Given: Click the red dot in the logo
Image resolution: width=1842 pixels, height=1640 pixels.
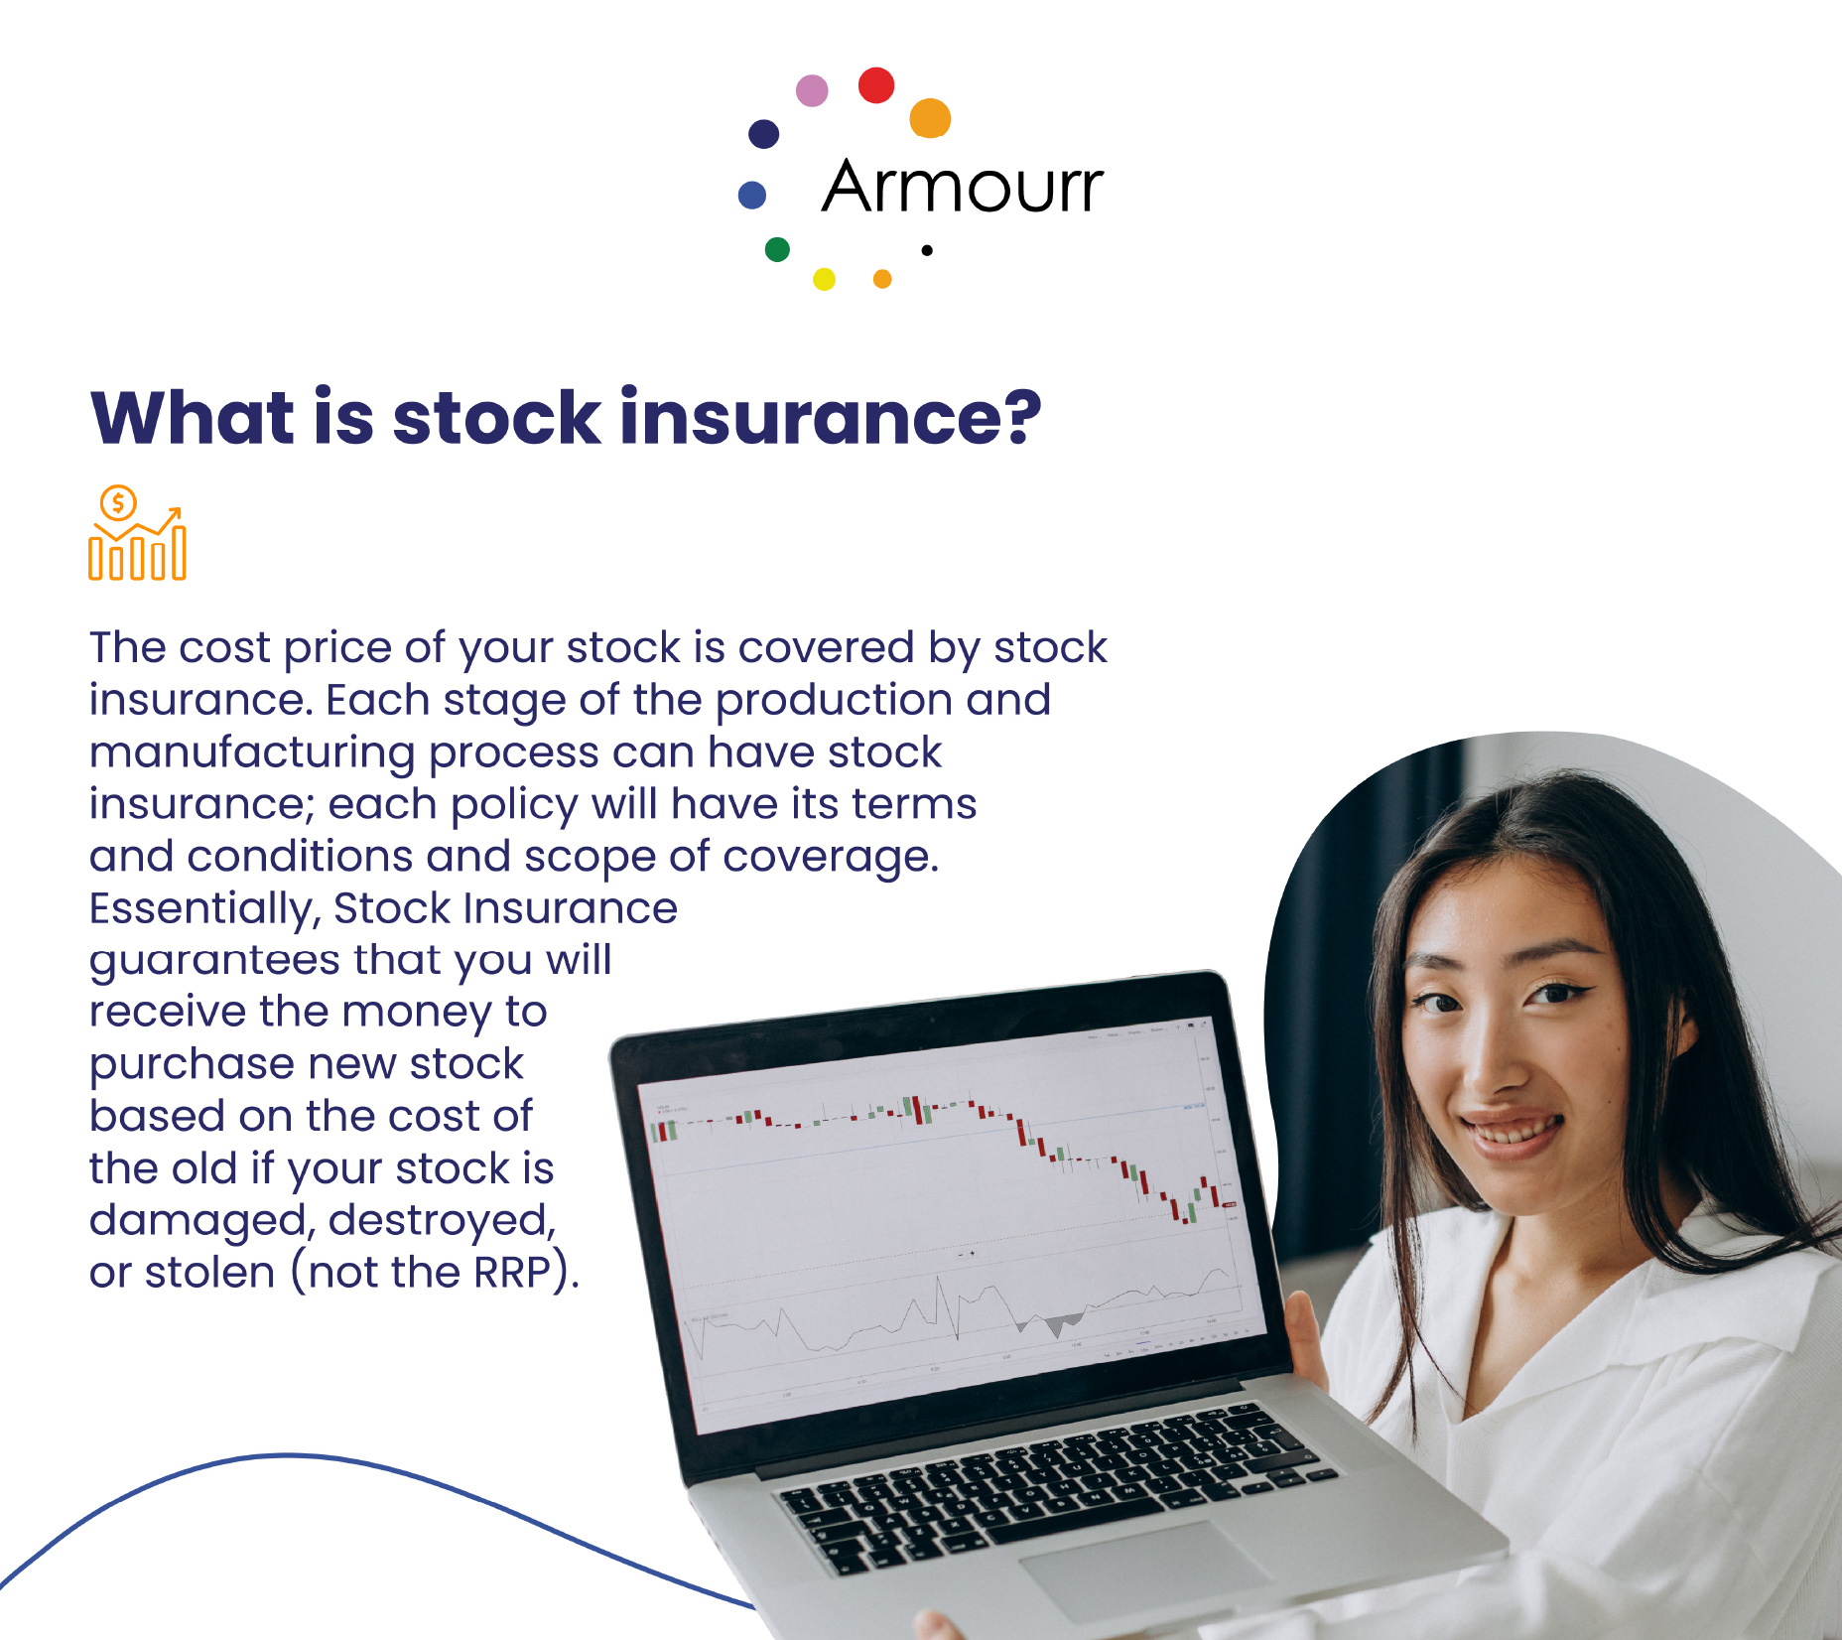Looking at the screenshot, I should click(x=876, y=85).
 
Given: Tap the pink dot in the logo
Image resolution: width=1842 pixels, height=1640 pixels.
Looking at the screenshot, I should click(x=812, y=90).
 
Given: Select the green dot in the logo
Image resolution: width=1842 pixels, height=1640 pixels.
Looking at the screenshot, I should click(x=777, y=249).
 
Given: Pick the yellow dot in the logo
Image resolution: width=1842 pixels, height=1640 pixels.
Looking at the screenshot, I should click(x=824, y=279).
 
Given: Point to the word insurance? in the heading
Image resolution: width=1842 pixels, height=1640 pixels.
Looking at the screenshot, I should click(x=831, y=418).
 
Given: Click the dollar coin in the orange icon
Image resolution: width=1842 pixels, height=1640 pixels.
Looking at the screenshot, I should click(x=118, y=503).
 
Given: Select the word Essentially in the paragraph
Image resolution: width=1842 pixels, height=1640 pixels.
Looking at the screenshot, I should click(x=202, y=909).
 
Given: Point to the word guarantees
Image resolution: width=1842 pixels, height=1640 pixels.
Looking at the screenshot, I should click(x=214, y=961).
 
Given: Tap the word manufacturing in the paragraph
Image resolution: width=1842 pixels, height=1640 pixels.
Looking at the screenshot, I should click(x=252, y=752).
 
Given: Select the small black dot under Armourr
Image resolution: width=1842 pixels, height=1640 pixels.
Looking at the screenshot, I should click(x=927, y=250).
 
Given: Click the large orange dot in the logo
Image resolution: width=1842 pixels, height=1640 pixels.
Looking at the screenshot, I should click(x=930, y=118).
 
